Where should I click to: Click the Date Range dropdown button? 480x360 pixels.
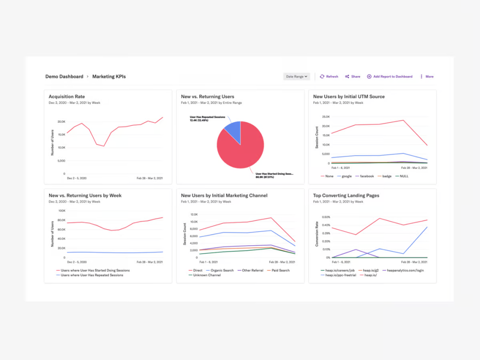pos(296,76)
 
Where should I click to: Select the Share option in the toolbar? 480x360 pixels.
pos(352,76)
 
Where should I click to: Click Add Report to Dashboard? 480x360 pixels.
pos(390,76)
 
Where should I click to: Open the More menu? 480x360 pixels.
pos(427,76)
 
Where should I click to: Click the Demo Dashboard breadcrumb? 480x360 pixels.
pos(64,76)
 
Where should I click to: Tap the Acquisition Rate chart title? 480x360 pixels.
pos(67,97)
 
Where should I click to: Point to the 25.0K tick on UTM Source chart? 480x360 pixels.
pos(325,117)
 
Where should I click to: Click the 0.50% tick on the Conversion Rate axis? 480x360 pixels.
pos(326,217)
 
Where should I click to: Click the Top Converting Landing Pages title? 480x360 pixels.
pos(346,195)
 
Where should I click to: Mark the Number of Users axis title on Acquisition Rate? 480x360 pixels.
pos(52,142)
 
